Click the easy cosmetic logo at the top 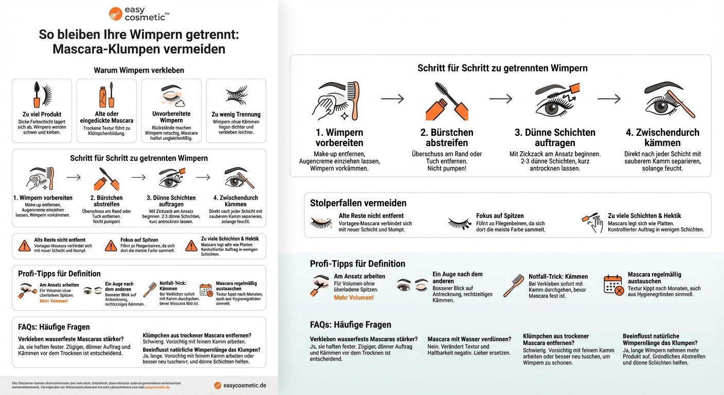(139, 13)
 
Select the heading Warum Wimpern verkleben (139, 70)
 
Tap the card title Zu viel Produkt (42, 114)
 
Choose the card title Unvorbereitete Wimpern (171, 117)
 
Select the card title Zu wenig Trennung (236, 114)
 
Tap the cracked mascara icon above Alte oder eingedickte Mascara (107, 96)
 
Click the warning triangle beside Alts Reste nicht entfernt (24, 246)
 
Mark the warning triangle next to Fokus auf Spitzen (111, 246)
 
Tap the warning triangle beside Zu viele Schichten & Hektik (192, 246)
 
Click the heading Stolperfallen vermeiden (358, 203)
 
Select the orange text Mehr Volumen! (354, 298)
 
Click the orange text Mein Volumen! (53, 301)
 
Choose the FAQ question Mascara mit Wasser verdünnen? (469, 339)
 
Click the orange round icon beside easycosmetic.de (218, 385)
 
